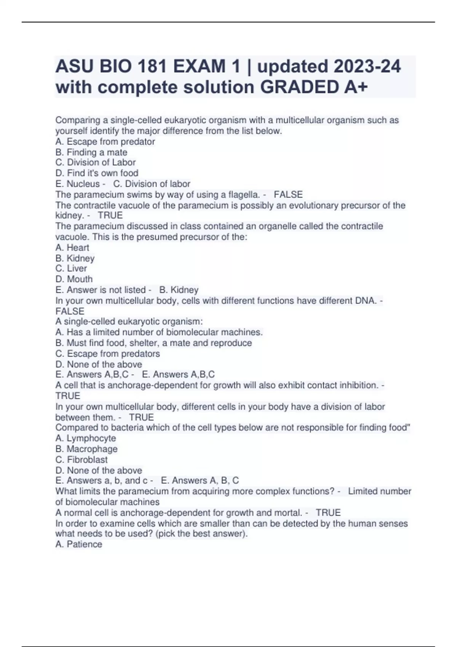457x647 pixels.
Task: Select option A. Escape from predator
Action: (x=105, y=142)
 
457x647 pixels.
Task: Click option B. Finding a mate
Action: (x=91, y=152)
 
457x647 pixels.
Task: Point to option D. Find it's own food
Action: (x=97, y=173)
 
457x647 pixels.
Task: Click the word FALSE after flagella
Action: (x=288, y=194)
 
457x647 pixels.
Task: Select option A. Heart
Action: (x=72, y=248)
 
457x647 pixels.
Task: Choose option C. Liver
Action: (x=71, y=268)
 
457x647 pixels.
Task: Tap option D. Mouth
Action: (x=74, y=279)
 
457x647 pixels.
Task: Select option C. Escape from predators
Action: (x=107, y=354)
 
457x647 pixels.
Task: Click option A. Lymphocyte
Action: (x=86, y=438)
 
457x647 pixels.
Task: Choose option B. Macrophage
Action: (x=86, y=449)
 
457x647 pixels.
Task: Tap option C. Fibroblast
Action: (x=81, y=460)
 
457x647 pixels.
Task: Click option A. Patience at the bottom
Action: (x=79, y=544)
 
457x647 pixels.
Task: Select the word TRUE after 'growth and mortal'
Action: (x=328, y=513)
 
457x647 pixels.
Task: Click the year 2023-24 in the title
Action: (x=367, y=67)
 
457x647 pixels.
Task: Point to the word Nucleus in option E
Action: (x=83, y=184)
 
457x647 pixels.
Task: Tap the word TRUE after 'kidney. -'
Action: (x=110, y=215)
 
